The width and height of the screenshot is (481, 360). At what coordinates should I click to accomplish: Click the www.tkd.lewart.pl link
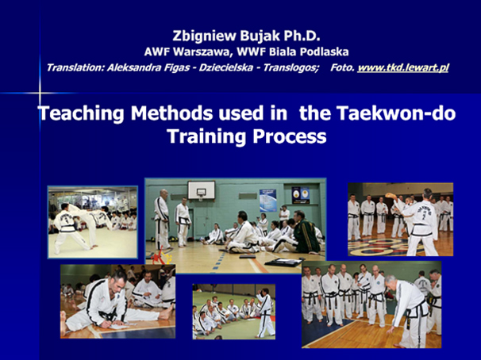coord(402,67)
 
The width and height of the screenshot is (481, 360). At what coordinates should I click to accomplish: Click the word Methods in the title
coord(171,113)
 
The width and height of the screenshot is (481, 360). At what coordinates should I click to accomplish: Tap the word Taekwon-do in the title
coord(396,113)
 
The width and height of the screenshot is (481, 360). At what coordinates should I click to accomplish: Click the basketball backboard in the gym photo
coord(202,190)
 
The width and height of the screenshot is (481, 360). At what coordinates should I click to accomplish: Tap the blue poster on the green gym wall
coord(267,201)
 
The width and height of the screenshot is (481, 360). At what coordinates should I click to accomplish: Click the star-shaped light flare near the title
coord(40,93)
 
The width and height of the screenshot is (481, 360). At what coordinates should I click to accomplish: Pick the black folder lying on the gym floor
coord(283,262)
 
